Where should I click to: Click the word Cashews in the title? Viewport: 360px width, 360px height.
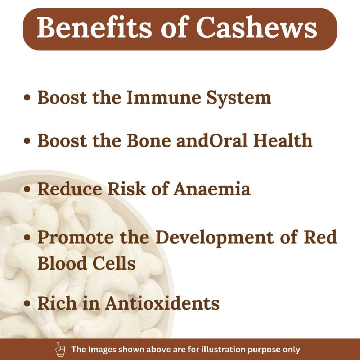click(x=256, y=27)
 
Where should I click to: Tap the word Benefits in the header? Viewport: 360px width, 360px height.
click(x=94, y=27)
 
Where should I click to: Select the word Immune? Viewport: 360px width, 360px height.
click(x=164, y=98)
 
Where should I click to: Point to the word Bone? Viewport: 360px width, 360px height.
click(x=149, y=140)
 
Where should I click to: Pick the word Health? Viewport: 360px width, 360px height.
click(x=283, y=140)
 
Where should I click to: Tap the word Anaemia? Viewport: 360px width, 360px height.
click(x=212, y=189)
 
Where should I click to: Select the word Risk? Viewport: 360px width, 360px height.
click(x=127, y=189)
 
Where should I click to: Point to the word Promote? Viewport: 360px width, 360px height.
click(x=76, y=237)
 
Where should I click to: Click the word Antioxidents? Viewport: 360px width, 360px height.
click(x=162, y=303)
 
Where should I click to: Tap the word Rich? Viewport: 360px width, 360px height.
click(x=57, y=303)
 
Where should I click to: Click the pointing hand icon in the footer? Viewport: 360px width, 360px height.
click(x=60, y=349)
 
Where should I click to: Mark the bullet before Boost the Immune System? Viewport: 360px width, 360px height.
click(x=27, y=97)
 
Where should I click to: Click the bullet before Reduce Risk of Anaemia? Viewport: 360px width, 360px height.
click(x=27, y=189)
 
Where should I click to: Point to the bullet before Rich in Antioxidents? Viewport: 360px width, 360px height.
click(x=27, y=303)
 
